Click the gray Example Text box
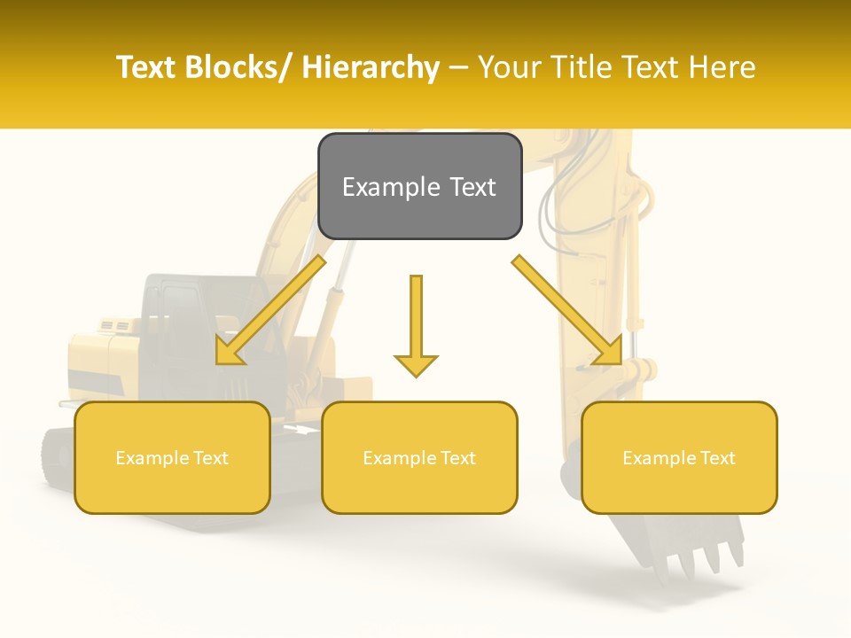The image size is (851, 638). (x=419, y=186)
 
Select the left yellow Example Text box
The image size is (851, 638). (x=172, y=457)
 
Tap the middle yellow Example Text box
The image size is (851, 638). (x=419, y=457)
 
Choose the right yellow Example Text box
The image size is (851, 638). (x=679, y=457)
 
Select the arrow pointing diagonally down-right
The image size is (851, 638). (x=567, y=310)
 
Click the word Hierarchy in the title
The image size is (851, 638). (x=371, y=67)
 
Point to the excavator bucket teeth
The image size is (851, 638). (x=700, y=558)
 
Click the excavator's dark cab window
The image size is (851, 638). (x=177, y=310)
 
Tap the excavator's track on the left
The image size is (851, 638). (x=57, y=456)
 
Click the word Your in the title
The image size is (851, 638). (x=507, y=67)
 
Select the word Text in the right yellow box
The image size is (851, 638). (x=716, y=458)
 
